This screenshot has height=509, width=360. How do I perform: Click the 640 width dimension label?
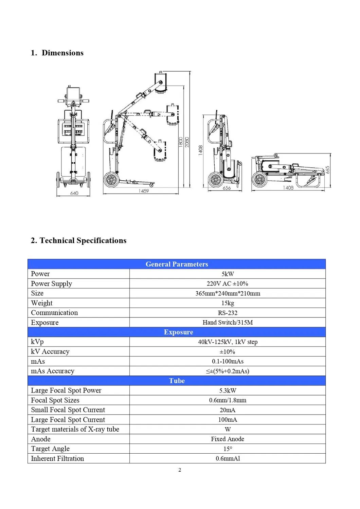(74, 193)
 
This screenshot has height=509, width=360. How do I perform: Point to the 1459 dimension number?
(144, 191)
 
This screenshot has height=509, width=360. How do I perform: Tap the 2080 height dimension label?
(187, 142)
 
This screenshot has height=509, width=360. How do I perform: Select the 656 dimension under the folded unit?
(227, 188)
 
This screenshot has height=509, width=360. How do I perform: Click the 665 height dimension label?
(327, 170)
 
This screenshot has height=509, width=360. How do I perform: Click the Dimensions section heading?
(57, 53)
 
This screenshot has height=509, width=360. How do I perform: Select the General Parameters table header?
(177, 264)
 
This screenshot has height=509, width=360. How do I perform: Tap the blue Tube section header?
(177, 381)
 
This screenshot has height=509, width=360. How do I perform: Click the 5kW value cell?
(228, 274)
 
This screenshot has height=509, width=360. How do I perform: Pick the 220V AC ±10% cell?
(228, 284)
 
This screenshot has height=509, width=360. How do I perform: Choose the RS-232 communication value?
(228, 313)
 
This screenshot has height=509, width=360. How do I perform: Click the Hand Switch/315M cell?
(228, 323)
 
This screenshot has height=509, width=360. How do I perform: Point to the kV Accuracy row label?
(50, 351)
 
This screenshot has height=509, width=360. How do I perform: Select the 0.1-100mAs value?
(228, 361)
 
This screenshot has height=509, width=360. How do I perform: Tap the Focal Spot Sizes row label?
(55, 400)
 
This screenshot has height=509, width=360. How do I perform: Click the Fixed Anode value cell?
(228, 439)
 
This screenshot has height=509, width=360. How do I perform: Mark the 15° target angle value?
(228, 449)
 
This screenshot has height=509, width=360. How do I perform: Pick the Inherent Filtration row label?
(57, 458)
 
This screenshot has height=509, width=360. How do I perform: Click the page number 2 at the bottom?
(180, 470)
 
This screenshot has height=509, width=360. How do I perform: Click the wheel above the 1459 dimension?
(111, 180)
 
